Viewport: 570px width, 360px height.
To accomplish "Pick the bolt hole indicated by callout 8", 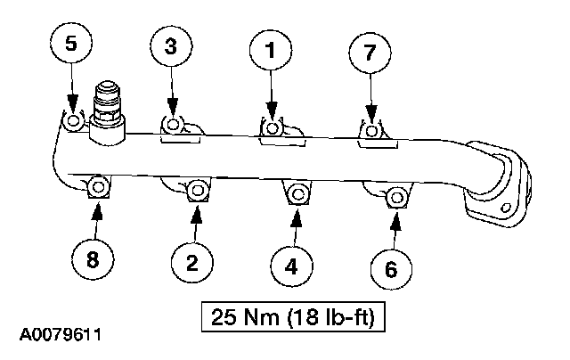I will point(98,187).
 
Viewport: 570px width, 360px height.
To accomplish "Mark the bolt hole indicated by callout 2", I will point(198,190).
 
